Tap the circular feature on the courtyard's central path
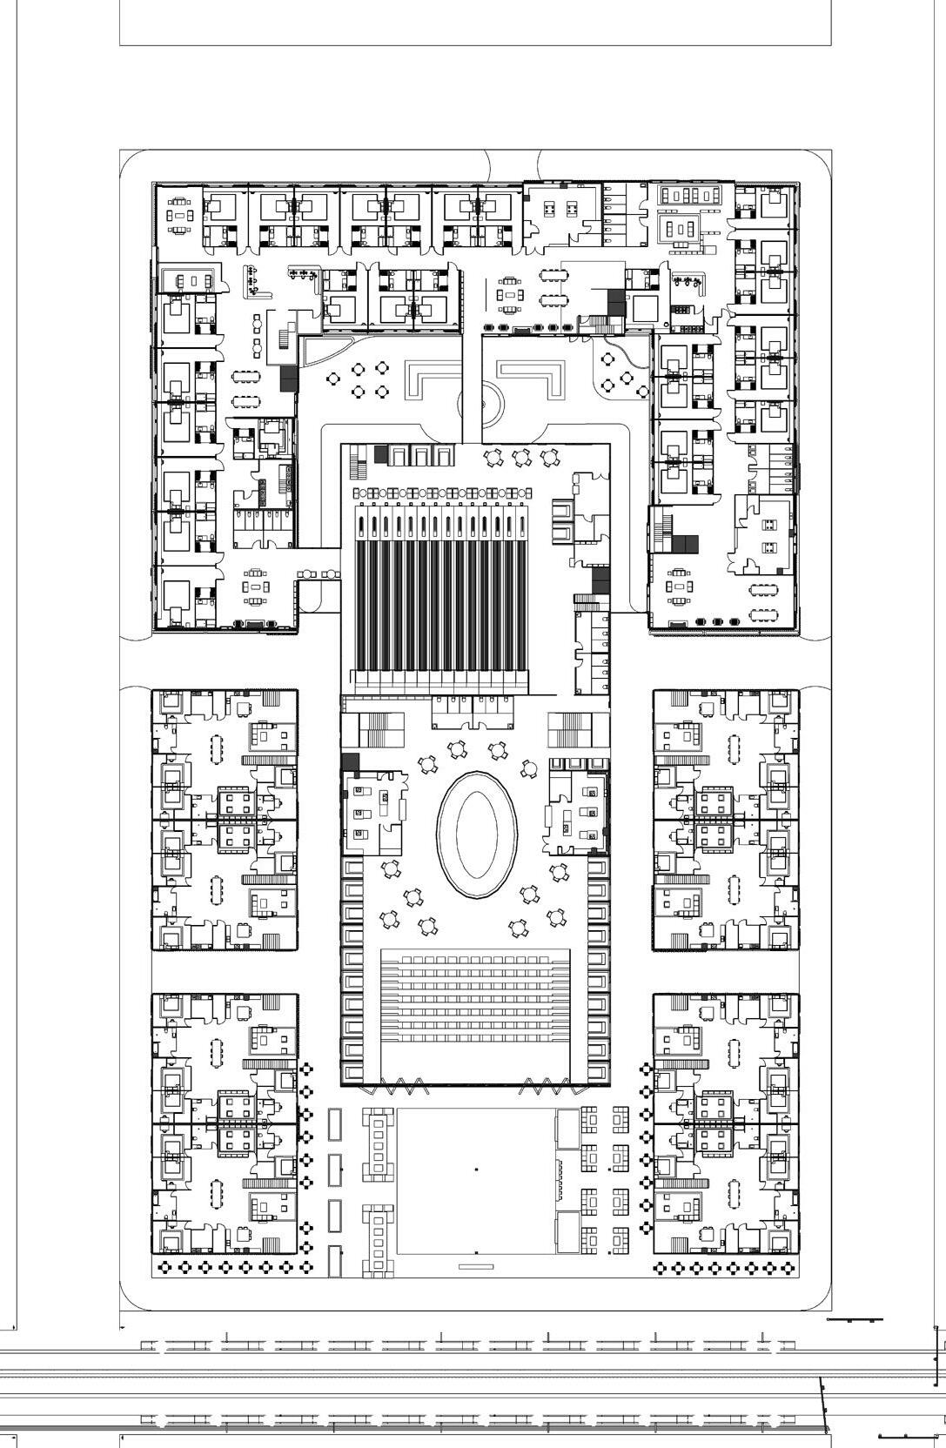coord(481,404)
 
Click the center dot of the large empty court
coord(476,1170)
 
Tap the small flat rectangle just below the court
coord(475,1266)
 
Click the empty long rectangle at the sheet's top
coord(475,22)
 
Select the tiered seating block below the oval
coord(475,996)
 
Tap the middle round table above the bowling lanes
coord(521,458)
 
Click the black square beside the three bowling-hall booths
coord(380,453)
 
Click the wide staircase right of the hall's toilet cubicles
coord(568,728)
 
